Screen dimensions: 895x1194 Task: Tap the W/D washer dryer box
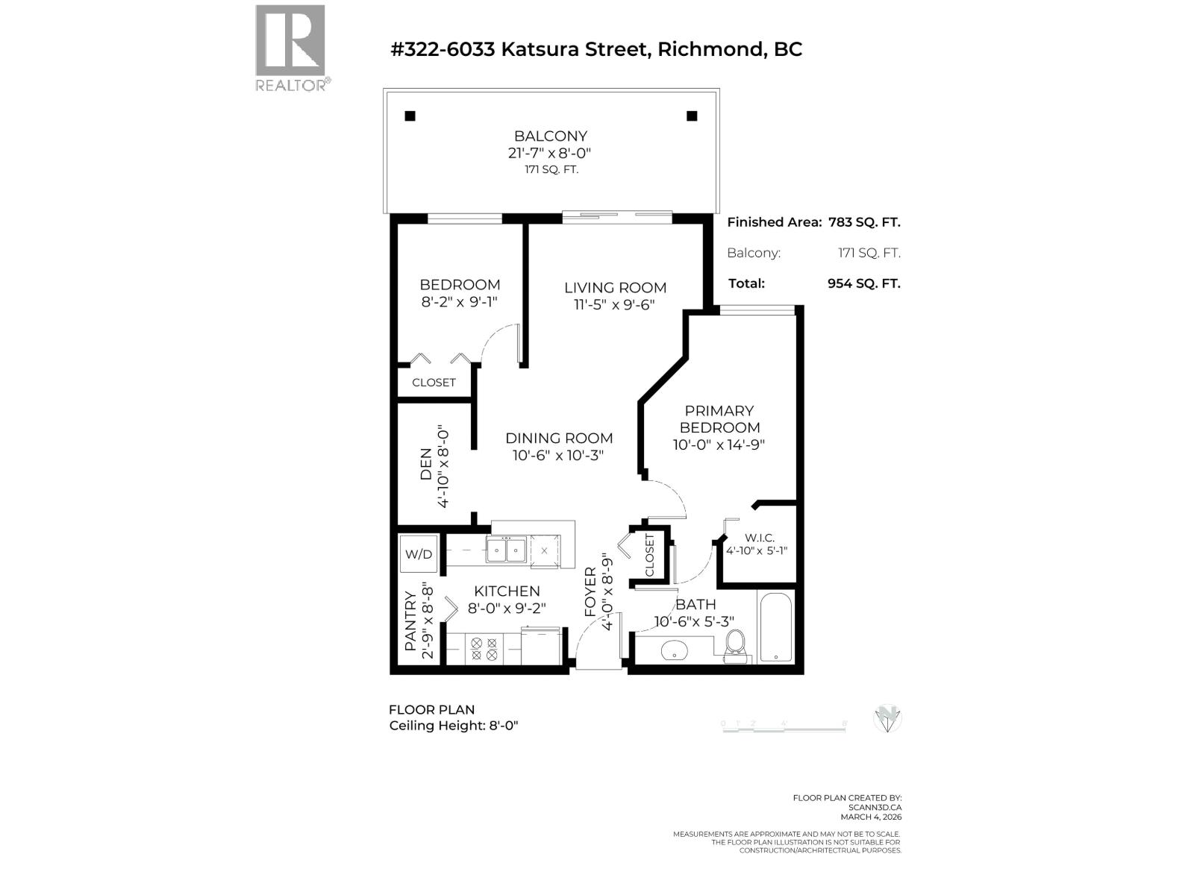point(419,554)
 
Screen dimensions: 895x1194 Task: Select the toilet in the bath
point(735,646)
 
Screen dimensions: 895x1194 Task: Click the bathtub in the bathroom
point(776,627)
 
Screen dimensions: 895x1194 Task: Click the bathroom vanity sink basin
point(675,650)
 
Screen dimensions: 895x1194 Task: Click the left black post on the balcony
point(410,116)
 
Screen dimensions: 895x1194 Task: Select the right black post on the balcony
point(692,116)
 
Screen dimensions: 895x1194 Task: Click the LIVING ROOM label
point(615,287)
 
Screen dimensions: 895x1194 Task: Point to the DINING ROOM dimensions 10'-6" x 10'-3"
point(558,455)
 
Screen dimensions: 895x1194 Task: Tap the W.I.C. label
point(760,538)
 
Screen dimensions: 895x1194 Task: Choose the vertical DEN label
point(425,464)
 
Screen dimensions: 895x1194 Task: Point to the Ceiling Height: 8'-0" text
point(454,726)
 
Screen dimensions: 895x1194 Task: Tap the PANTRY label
point(410,621)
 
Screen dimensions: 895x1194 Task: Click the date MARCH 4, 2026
point(871,817)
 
